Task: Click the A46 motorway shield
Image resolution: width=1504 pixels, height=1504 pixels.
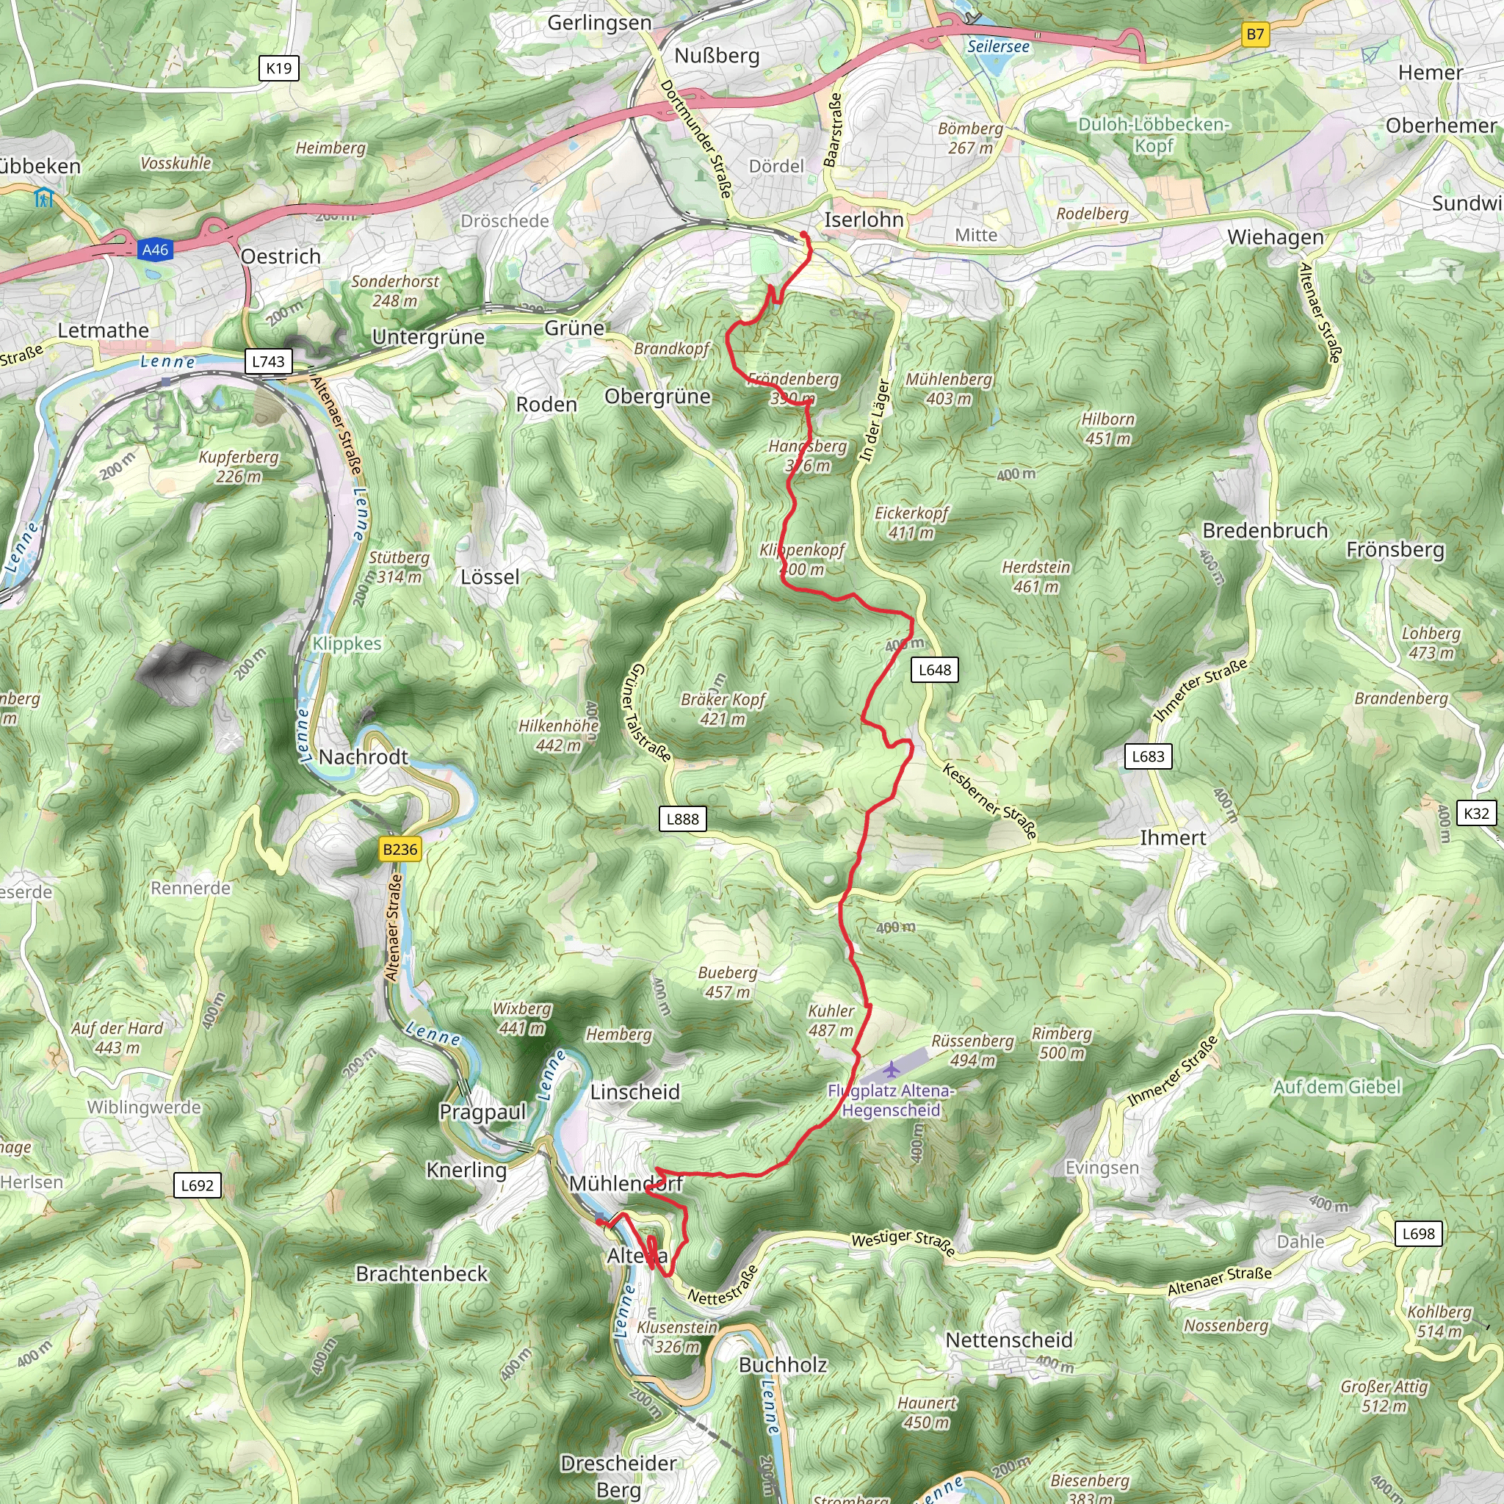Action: click(155, 250)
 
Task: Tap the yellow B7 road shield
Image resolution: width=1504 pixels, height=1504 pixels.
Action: click(1255, 35)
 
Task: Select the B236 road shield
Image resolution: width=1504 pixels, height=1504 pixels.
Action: click(400, 850)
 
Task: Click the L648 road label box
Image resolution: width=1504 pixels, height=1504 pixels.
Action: click(934, 670)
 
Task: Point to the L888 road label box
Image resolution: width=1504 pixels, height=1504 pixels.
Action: click(683, 819)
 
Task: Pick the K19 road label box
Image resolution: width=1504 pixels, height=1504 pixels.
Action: click(278, 68)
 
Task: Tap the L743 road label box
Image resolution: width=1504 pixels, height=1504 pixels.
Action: click(269, 361)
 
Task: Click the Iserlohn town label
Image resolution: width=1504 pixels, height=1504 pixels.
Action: click(864, 220)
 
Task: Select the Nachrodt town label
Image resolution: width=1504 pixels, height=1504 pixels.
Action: click(364, 756)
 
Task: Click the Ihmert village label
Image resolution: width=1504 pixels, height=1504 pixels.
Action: click(1172, 839)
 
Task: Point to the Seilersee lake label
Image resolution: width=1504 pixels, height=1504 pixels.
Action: click(998, 47)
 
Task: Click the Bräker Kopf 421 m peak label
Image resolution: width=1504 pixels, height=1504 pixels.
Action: click(723, 709)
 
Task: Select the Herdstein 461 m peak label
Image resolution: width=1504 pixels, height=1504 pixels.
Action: click(1036, 576)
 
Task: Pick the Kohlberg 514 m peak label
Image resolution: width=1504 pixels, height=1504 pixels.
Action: click(1439, 1322)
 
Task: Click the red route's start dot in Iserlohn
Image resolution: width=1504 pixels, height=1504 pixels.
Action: click(803, 234)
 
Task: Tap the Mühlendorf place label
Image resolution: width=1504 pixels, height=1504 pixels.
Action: click(626, 1184)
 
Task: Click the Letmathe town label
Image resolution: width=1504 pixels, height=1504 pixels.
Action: click(104, 331)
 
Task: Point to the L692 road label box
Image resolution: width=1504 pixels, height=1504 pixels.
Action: click(197, 1185)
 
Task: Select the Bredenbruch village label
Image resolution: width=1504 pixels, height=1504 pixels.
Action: click(1265, 531)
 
